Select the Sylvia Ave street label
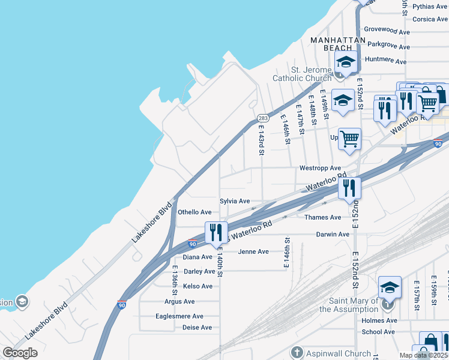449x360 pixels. (x=235, y=201)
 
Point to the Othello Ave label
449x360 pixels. (x=194, y=212)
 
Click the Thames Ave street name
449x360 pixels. (x=322, y=217)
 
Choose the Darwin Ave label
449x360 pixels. (x=332, y=234)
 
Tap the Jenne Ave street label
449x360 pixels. (x=253, y=251)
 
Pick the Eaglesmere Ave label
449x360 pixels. (x=179, y=316)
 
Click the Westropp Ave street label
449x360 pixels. (x=320, y=168)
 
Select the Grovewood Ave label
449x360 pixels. (x=387, y=30)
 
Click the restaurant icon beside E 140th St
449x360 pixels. (x=216, y=232)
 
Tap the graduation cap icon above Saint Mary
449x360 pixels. (x=390, y=287)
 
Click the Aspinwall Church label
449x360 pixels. (x=331, y=353)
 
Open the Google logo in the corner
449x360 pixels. (x=20, y=353)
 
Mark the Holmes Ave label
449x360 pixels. (x=379, y=320)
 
